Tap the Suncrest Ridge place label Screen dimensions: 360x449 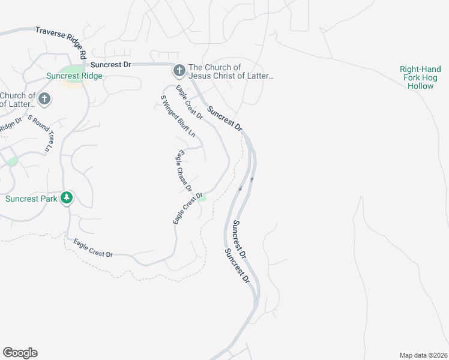(74, 76)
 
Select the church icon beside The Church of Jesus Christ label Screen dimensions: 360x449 (179, 71)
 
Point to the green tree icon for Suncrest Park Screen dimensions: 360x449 (68, 197)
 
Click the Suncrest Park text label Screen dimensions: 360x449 (31, 199)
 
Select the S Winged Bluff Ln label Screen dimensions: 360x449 (177, 116)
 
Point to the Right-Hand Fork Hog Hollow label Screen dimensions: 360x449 (420, 77)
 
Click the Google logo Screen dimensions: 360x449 (20, 353)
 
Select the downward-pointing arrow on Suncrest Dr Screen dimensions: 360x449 (240, 189)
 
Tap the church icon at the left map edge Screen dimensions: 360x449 (44, 98)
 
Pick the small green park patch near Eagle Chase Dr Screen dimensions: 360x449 (203, 199)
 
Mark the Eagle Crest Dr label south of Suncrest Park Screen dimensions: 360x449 (93, 248)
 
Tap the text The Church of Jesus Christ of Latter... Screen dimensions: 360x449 (231, 71)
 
